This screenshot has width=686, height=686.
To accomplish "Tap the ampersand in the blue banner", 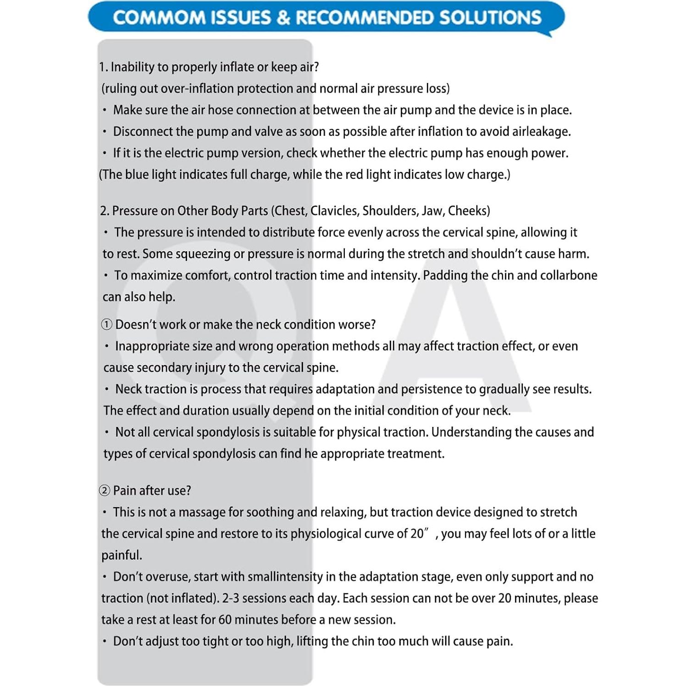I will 284,18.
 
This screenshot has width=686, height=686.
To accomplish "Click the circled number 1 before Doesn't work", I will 106,325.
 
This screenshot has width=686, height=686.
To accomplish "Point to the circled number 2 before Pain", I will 105,491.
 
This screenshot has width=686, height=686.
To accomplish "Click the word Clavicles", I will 334,211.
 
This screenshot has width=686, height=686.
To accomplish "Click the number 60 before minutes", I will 225,620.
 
